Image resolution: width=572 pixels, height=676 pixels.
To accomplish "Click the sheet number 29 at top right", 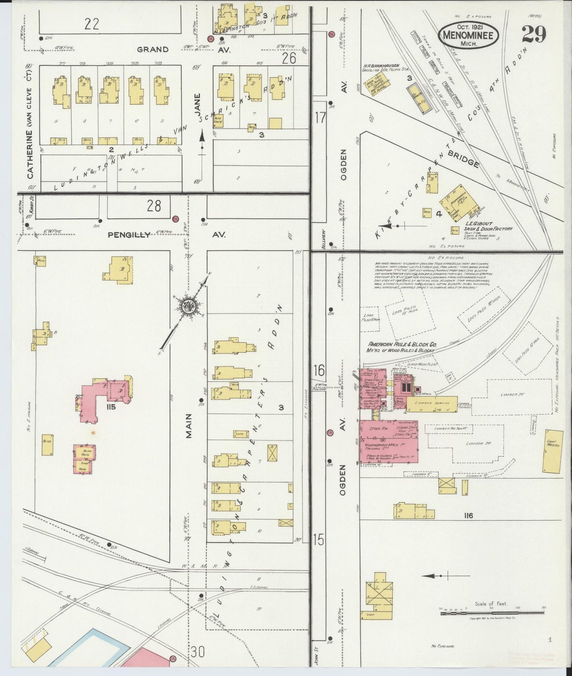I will (x=534, y=34).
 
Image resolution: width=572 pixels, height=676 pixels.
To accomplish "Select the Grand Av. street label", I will (x=152, y=49).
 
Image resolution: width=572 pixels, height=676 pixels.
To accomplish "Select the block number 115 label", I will (x=110, y=407).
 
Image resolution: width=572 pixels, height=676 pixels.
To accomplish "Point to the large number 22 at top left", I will (x=92, y=24).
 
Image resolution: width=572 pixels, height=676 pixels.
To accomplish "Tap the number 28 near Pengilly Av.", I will (x=153, y=206).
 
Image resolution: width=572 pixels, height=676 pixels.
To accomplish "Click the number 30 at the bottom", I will (x=198, y=651).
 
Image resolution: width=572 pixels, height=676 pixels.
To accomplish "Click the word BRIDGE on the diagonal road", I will (x=464, y=157).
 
